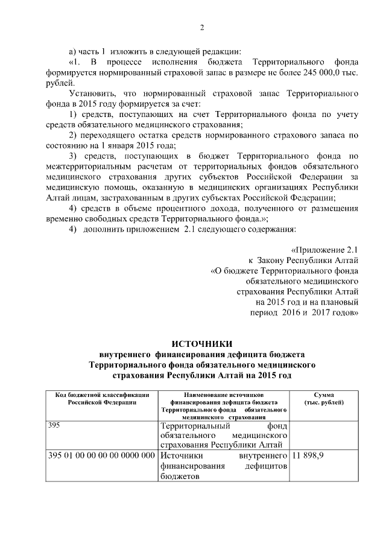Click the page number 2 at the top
click(x=202, y=27)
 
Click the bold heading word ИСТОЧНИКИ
click(x=202, y=343)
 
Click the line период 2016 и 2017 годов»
click(x=305, y=313)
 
